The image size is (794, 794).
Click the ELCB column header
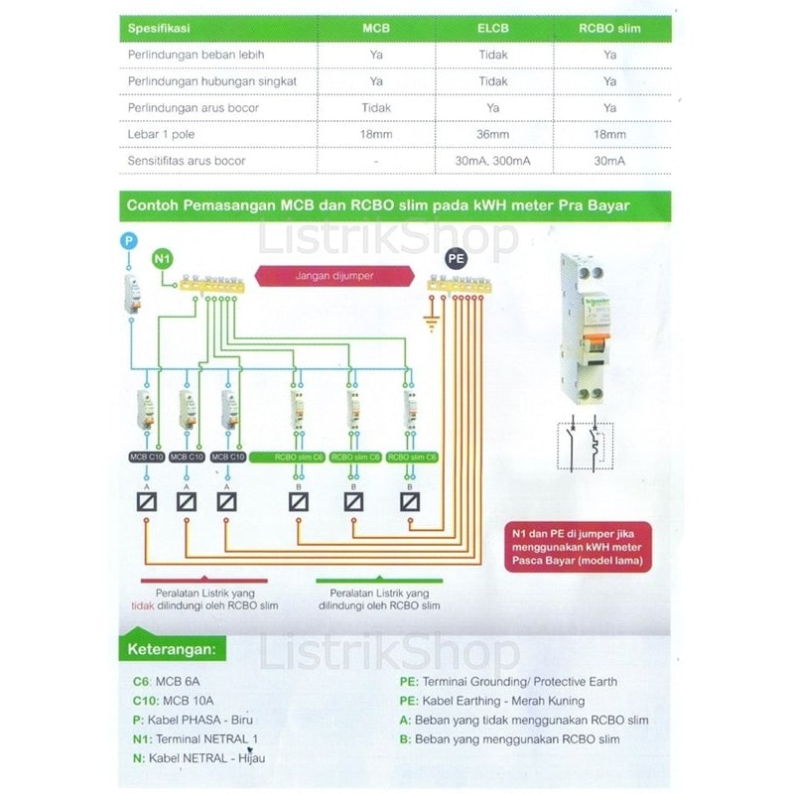click(493, 29)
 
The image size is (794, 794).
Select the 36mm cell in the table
click(493, 134)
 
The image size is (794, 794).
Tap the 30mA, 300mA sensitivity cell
click(493, 160)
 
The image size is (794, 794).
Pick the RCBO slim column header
click(609, 29)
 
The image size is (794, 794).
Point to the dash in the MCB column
click(376, 160)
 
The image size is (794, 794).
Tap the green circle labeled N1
click(164, 260)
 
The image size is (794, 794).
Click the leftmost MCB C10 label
click(146, 457)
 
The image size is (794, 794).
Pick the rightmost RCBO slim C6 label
click(411, 457)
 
